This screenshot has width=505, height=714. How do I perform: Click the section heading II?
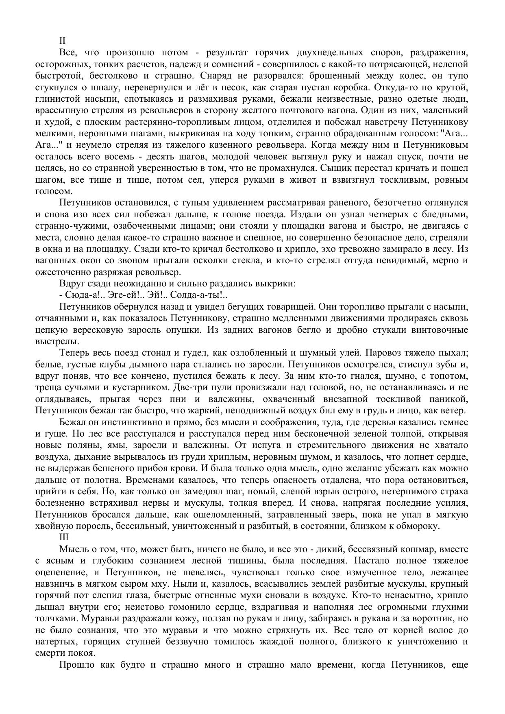click(62, 41)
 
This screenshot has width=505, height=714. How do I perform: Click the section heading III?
click(64, 537)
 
